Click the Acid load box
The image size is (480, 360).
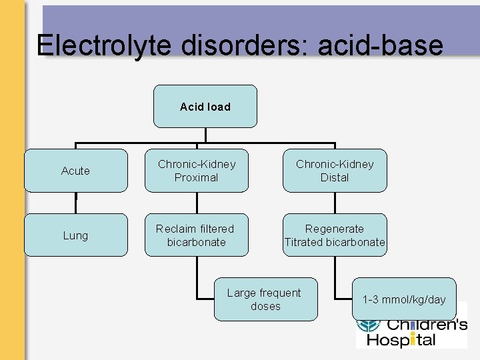click(205, 106)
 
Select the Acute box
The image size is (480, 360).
click(75, 171)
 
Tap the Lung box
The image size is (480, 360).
click(75, 235)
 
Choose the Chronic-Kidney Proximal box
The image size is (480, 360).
click(196, 171)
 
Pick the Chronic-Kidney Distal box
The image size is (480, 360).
click(335, 171)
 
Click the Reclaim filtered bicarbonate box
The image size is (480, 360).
click(196, 235)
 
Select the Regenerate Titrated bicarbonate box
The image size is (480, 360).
click(335, 235)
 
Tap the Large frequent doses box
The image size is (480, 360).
click(265, 299)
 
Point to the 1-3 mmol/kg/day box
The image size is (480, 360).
click(404, 299)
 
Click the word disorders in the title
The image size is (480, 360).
click(237, 45)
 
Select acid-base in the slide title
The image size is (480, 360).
click(380, 45)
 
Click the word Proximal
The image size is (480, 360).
click(196, 178)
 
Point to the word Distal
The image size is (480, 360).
click(335, 178)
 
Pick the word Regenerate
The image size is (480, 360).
click(335, 229)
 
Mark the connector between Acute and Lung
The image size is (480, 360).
click(75, 203)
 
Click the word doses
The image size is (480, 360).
click(265, 307)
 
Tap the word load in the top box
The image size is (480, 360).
click(218, 107)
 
